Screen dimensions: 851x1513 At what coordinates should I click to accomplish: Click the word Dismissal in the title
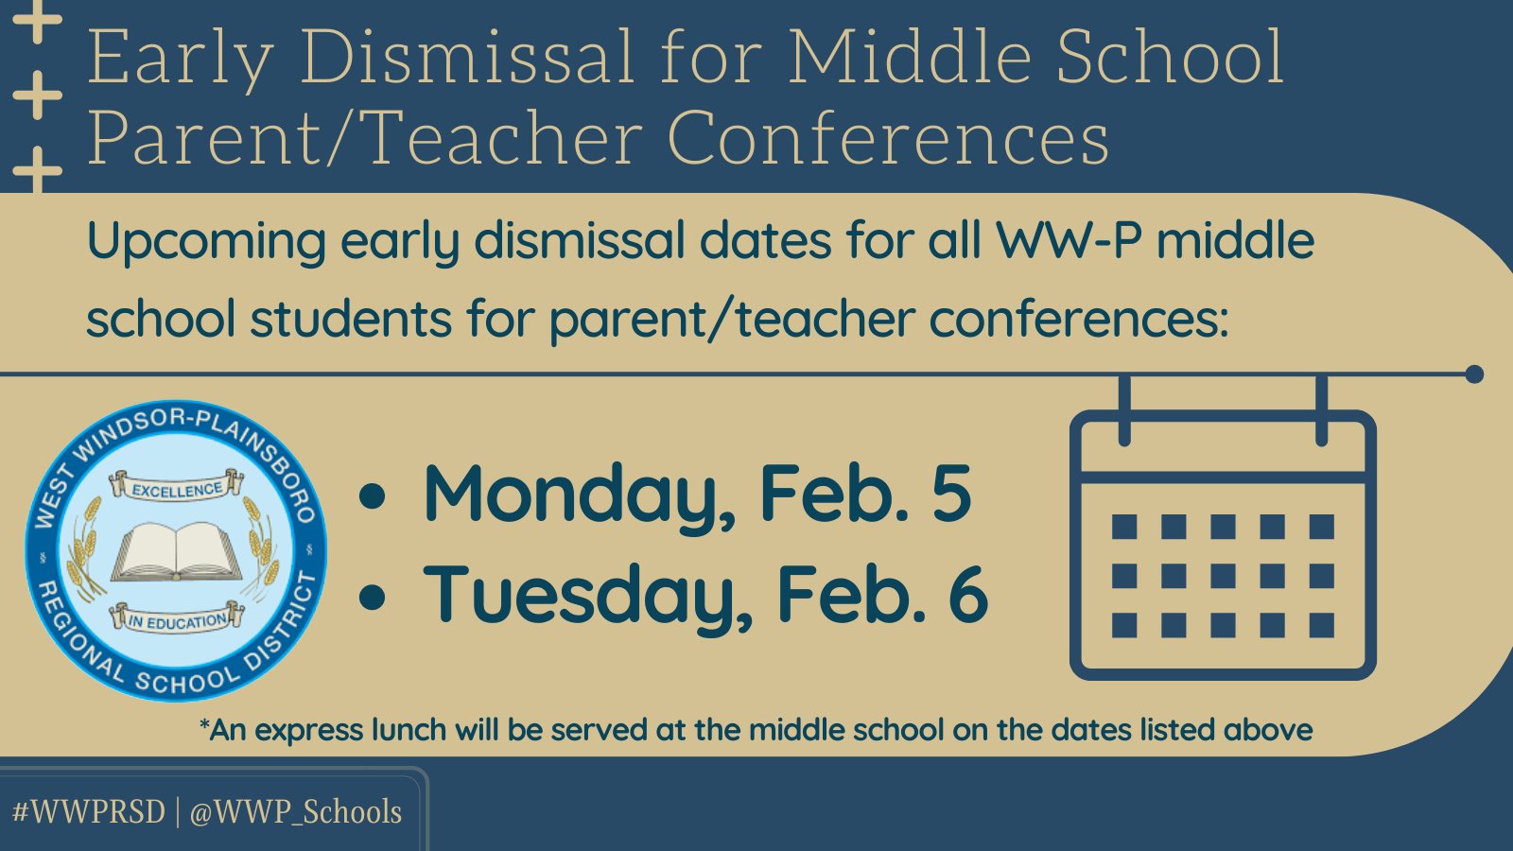pyautogui.click(x=467, y=59)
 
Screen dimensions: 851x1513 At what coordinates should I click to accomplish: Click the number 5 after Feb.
pyautogui.click(x=950, y=494)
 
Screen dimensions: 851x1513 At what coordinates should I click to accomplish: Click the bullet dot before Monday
pyautogui.click(x=374, y=496)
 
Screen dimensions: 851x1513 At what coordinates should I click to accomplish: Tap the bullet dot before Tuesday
pyautogui.click(x=374, y=597)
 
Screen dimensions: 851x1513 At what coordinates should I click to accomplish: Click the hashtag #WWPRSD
pyautogui.click(x=89, y=812)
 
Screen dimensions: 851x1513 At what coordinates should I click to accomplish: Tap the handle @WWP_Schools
pyautogui.click(x=296, y=812)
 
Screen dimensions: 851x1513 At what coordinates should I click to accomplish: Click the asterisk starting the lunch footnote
pyautogui.click(x=204, y=726)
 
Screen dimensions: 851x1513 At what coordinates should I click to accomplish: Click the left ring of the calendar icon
pyautogui.click(x=1124, y=410)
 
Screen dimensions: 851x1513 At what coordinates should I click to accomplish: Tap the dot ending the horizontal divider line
pyautogui.click(x=1473, y=374)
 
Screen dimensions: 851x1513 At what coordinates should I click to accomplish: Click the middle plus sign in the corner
pyautogui.click(x=38, y=96)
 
